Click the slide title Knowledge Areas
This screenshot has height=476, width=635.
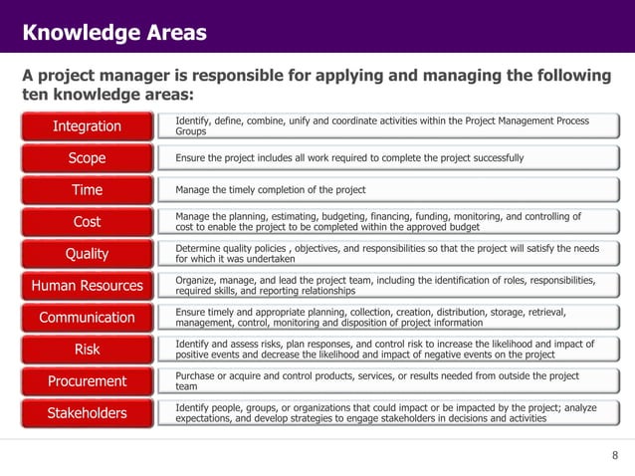point(114,33)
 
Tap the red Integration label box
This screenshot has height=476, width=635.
point(88,126)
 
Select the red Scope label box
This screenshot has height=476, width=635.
point(88,158)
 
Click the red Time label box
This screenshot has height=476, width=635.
point(88,190)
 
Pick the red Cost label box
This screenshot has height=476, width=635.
point(88,222)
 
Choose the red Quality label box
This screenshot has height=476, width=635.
point(88,254)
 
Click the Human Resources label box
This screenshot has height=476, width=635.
point(88,286)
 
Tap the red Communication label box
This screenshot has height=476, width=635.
point(88,318)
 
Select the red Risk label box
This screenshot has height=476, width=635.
point(88,350)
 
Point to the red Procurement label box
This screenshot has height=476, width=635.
point(88,381)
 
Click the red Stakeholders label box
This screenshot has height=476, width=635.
point(88,413)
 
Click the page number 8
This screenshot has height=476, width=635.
point(614,456)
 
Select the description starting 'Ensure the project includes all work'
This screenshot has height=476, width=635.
point(349,158)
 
